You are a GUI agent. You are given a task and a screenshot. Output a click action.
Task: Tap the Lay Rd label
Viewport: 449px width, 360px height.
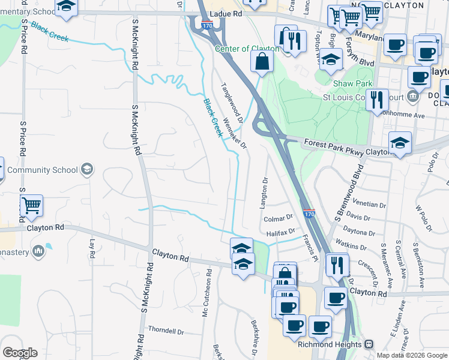point(92,245)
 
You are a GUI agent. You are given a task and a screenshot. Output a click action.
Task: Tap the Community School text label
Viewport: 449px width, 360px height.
point(43,170)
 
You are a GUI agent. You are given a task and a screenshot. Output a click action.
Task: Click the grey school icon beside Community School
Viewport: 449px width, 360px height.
point(88,169)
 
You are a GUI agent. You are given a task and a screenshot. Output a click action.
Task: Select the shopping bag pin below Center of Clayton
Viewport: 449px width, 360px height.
point(262,61)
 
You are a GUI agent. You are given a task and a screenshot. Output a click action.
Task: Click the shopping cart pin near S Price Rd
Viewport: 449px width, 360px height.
point(31,206)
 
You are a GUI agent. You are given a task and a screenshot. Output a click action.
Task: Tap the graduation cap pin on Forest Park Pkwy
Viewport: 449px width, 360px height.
point(400,143)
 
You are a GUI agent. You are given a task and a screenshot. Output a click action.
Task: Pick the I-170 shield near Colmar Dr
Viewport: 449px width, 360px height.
point(309,213)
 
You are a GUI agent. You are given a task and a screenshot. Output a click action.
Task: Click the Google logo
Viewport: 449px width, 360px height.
point(20,353)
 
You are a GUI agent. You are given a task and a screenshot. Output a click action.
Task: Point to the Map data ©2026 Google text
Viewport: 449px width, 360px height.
point(411,355)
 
